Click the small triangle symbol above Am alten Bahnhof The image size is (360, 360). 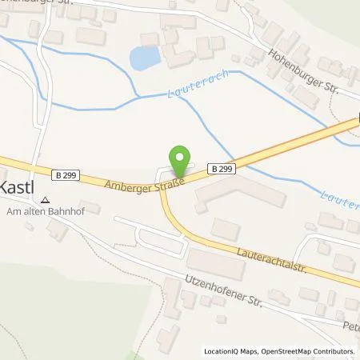[x=46, y=201]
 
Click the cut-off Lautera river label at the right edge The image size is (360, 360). [x=339, y=196]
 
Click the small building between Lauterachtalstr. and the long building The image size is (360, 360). [x=225, y=230]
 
